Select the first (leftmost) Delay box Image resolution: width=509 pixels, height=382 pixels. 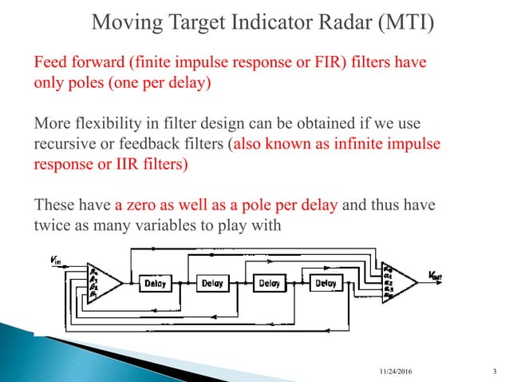click(156, 283)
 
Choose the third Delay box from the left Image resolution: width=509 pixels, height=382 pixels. click(269, 283)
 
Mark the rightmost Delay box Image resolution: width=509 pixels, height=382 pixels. click(326, 283)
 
